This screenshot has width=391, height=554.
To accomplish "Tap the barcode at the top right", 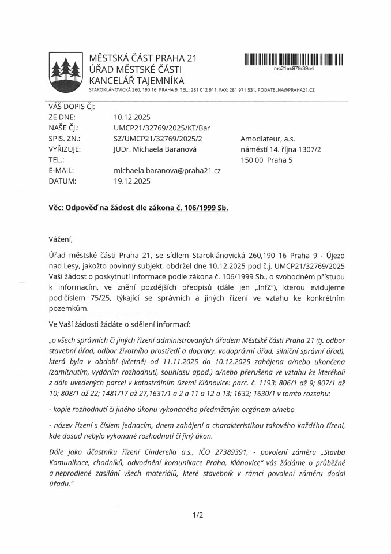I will [294, 59].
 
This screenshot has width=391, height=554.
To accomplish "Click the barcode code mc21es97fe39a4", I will [294, 68].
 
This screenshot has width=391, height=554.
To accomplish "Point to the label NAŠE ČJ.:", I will [64, 128].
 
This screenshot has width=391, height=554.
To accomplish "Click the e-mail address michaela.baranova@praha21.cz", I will [167, 170].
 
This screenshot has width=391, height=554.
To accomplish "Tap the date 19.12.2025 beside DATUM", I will [133, 181].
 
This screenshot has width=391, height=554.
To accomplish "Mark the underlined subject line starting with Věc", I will [138, 208].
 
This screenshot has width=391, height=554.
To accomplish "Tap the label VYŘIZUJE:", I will [65, 149].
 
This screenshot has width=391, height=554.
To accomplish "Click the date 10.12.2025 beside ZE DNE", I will [132, 117].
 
